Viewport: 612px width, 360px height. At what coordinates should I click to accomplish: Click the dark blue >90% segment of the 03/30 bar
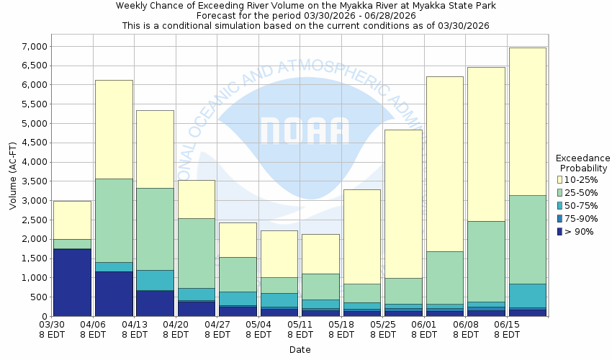point(72,282)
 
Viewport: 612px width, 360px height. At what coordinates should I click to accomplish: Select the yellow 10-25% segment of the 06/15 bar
point(527,121)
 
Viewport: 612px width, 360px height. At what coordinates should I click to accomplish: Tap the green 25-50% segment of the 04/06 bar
point(114,220)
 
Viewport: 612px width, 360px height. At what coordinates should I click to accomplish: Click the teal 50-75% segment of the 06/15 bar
point(527,295)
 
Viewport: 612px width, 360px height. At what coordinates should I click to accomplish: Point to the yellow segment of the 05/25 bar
point(403,204)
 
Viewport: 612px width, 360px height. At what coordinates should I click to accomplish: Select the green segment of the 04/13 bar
point(155,229)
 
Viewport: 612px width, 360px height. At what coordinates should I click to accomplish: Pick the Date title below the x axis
point(300,349)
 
